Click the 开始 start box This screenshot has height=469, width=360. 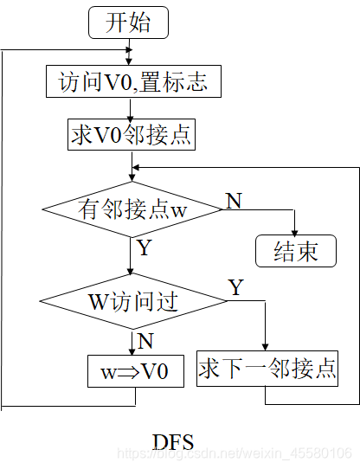tap(127, 22)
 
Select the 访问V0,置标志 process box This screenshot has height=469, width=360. tap(132, 82)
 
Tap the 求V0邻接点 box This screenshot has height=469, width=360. tap(130, 134)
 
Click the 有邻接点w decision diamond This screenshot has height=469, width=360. tap(131, 210)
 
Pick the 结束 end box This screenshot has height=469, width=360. tap(295, 251)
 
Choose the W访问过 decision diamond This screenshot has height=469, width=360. tap(132, 301)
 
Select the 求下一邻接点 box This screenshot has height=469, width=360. tap(267, 369)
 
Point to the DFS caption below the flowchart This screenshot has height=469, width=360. tap(173, 440)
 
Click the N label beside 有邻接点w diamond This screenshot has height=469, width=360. tap(234, 201)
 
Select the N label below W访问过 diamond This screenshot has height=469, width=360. tap(145, 341)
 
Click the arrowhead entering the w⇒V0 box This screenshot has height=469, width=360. tap(132, 352)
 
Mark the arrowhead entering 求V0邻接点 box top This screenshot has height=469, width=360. tap(130, 117)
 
